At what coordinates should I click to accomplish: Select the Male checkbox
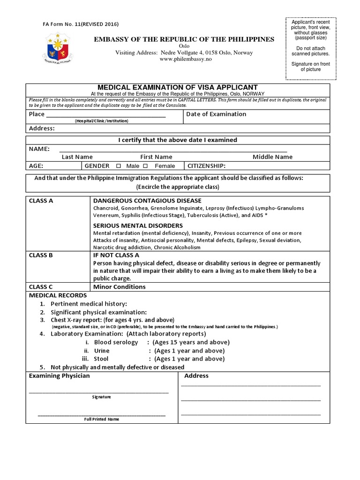point(118,166)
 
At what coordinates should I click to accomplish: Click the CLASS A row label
point(41,201)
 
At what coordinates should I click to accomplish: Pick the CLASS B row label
point(41,255)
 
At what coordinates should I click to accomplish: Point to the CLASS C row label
point(41,287)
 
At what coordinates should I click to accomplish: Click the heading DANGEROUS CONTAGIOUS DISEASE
point(147,201)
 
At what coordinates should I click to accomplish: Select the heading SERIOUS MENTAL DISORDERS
point(138,225)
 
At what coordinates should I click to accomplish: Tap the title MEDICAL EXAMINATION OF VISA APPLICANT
point(177,87)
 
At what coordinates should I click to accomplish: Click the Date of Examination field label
point(216,114)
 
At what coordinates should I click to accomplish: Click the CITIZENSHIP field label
point(207,166)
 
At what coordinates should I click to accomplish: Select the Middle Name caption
point(272,157)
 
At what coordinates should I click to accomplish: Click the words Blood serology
point(116,342)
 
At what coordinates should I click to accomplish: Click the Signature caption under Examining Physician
point(101,397)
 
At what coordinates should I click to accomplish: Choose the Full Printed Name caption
point(101,419)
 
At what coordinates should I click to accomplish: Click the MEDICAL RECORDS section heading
point(58,295)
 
